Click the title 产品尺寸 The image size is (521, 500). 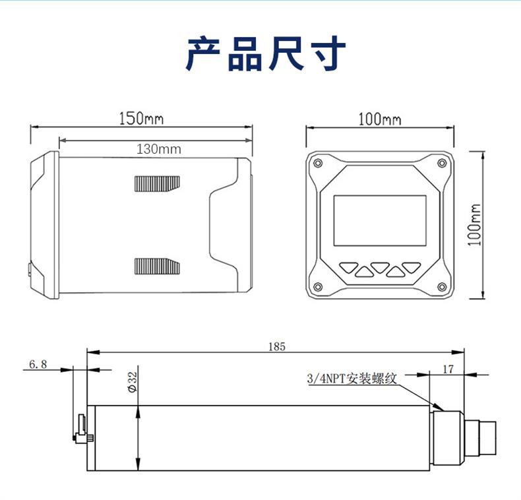coord(265,54)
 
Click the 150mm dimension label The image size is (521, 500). coord(141,119)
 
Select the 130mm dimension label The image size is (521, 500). coord(158,149)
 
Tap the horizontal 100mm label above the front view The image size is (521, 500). coord(379,119)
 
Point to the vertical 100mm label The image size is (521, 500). coord(475,224)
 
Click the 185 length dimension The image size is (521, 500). coord(277,346)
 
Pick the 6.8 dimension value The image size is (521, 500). coord(38,364)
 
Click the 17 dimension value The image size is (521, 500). coord(448,369)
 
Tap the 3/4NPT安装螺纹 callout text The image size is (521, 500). coord(352,379)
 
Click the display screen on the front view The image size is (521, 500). coord(379,220)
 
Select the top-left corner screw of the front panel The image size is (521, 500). coord(318,163)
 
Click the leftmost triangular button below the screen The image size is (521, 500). coord(348,268)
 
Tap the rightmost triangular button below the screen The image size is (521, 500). coord(412,268)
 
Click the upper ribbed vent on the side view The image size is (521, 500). coord(157,183)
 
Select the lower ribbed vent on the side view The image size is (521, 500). coord(157,266)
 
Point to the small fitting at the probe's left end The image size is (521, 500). coord(82,430)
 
